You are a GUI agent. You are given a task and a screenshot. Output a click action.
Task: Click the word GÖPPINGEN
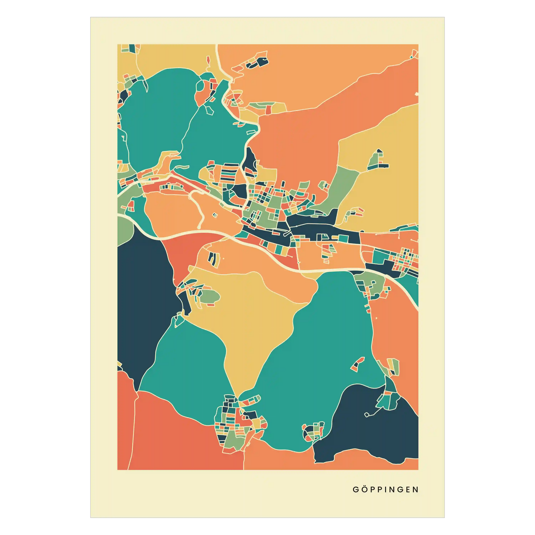385,490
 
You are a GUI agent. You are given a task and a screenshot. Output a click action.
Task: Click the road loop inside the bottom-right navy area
367,422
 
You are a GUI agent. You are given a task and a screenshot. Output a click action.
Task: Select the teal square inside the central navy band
343,238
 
